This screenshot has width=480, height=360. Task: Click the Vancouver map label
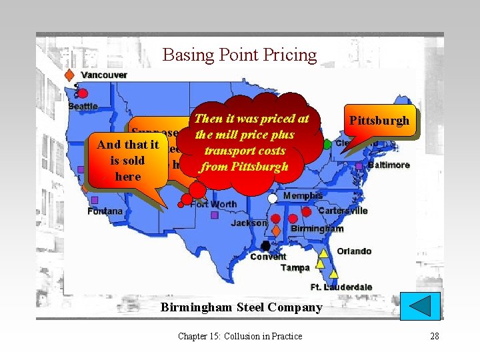(x=103, y=75)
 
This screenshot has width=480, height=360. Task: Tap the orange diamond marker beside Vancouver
(x=69, y=75)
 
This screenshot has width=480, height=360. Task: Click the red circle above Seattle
(x=83, y=93)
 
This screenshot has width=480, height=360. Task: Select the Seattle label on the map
(x=83, y=106)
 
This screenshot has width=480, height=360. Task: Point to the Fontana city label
(x=105, y=211)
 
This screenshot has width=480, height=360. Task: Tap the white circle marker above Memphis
(x=272, y=198)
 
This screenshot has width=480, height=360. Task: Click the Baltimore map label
(x=389, y=164)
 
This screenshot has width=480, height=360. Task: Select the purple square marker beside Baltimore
(x=359, y=165)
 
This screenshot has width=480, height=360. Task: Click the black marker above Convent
(x=265, y=246)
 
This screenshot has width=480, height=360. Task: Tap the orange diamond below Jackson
(x=276, y=231)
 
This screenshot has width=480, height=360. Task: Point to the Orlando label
(x=354, y=251)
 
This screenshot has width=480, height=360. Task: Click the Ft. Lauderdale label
(x=341, y=287)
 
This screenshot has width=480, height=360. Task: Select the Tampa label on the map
(x=295, y=267)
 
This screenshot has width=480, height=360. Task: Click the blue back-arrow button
(x=424, y=307)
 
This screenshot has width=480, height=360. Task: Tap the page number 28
(x=435, y=336)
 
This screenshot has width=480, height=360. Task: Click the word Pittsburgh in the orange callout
(x=379, y=121)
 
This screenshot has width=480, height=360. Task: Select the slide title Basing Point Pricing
(x=239, y=55)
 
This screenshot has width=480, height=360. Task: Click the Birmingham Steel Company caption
(x=241, y=307)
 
